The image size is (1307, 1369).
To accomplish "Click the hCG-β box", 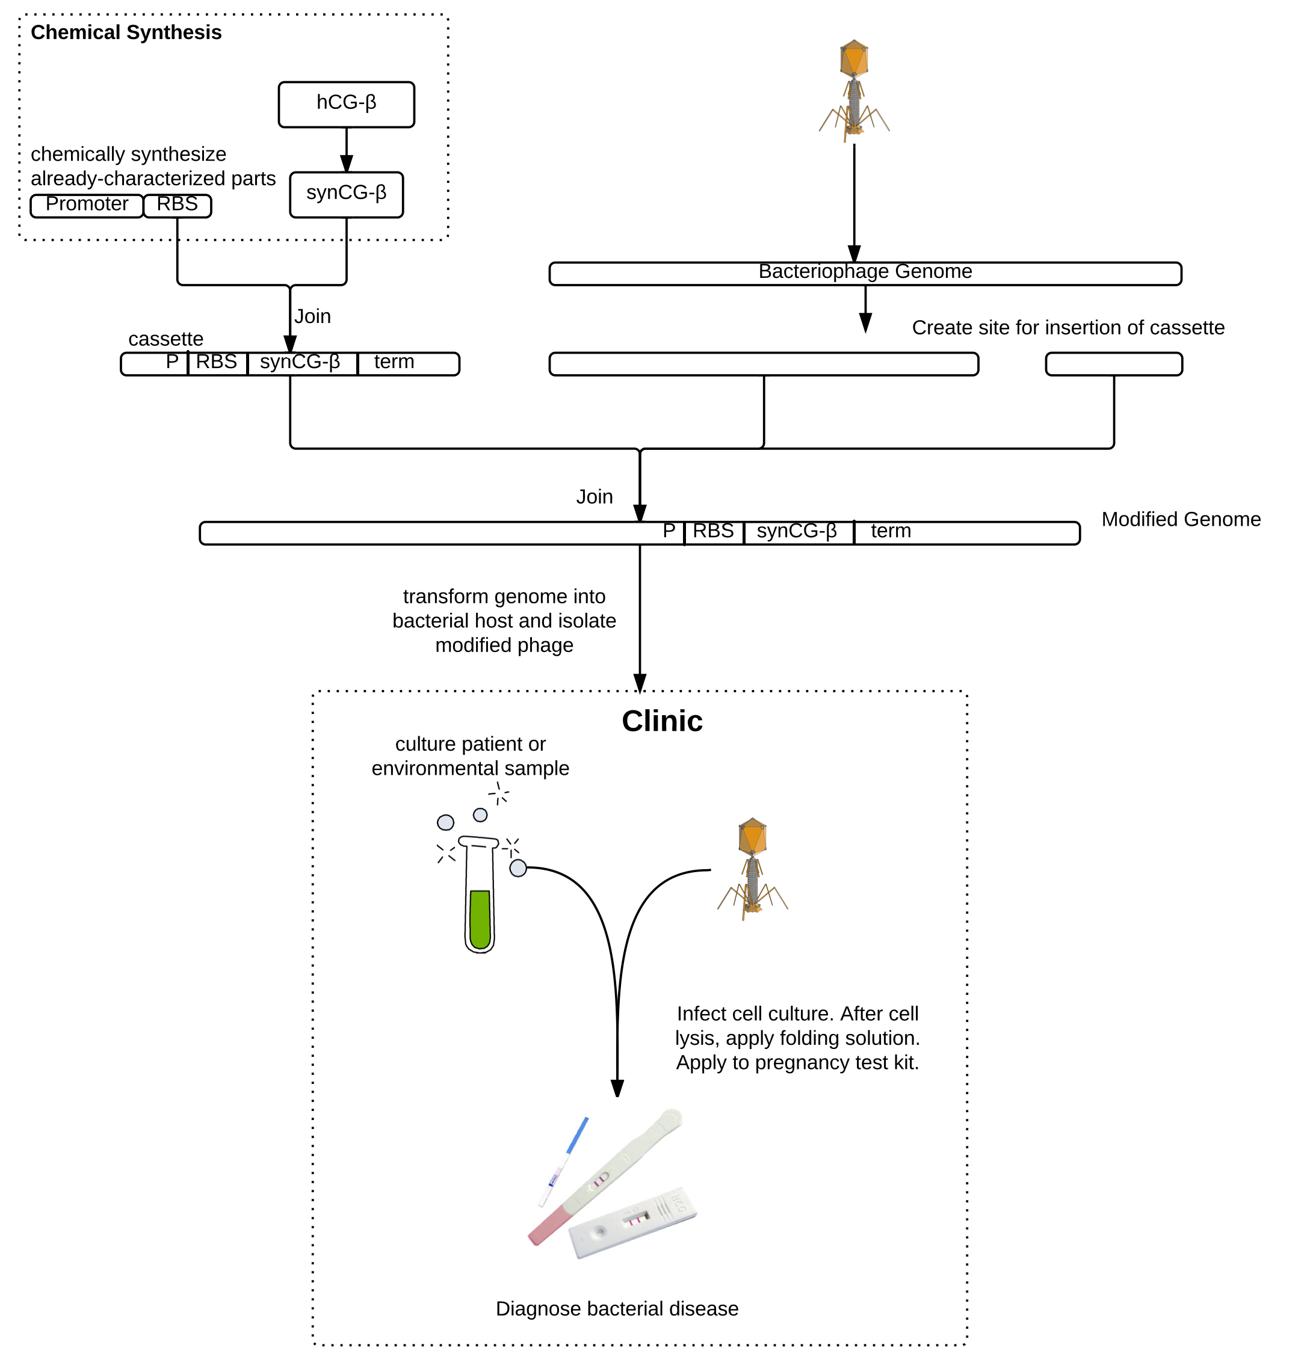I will pyautogui.click(x=346, y=105).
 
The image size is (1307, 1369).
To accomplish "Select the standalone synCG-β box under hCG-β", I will pyautogui.click(x=346, y=194).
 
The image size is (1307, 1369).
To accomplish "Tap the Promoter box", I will pyautogui.click(x=87, y=206).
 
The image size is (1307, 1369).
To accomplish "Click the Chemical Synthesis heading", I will pyautogui.click(x=126, y=32).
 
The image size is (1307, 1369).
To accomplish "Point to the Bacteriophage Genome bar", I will pyautogui.click(x=865, y=273).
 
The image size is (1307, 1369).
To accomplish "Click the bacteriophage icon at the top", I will pyautogui.click(x=854, y=90).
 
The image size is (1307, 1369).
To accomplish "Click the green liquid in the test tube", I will pyautogui.click(x=480, y=918).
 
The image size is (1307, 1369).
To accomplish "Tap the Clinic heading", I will pyautogui.click(x=662, y=721).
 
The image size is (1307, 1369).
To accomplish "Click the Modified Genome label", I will pyautogui.click(x=1181, y=520).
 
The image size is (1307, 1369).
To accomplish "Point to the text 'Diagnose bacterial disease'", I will pyautogui.click(x=617, y=1308).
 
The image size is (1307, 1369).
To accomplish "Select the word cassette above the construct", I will pyautogui.click(x=166, y=339).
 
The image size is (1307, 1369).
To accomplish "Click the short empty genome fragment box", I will pyautogui.click(x=1113, y=363).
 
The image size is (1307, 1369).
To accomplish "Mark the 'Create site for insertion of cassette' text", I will pyautogui.click(x=1068, y=328).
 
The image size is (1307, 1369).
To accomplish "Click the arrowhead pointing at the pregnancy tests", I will pyautogui.click(x=617, y=1088).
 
